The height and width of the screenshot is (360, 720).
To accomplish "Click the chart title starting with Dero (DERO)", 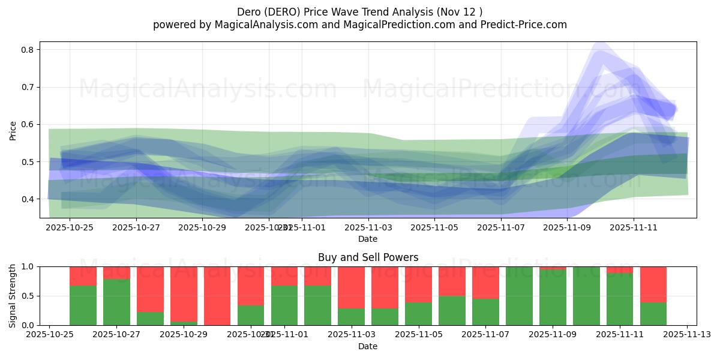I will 359,12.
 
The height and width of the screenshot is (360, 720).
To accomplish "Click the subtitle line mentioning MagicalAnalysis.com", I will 359,25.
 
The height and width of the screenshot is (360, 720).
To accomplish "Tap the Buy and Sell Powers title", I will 368,258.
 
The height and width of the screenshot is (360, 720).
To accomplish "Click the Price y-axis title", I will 13,130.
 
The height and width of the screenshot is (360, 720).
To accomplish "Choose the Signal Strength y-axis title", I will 13,296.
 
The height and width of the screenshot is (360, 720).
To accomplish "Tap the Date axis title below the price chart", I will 368,239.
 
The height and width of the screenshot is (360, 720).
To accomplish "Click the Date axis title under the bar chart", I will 368,346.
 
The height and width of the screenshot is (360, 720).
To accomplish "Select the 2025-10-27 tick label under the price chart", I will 136,227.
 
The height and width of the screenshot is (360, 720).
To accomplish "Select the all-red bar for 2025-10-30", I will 217,296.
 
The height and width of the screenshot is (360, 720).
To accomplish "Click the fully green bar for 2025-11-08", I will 519,296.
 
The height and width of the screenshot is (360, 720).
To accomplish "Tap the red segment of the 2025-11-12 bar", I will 653,284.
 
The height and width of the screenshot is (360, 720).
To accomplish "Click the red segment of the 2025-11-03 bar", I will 351,287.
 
